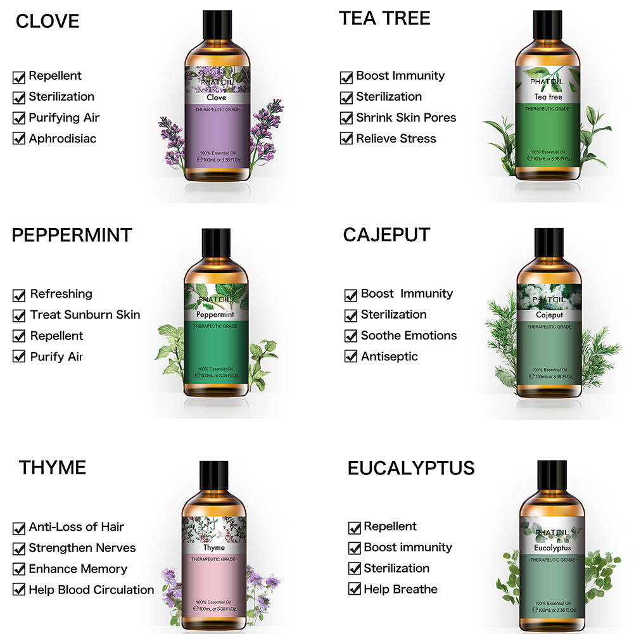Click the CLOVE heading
[48, 21]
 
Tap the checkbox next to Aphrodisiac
[19, 138]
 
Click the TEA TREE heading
[384, 18]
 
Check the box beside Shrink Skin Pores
[346, 118]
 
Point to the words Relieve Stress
[396, 138]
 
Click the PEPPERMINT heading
[72, 235]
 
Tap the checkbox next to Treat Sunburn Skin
[20, 315]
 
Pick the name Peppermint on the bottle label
[215, 314]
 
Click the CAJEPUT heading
[386, 234]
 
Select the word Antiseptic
[390, 356]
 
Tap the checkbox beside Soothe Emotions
[351, 336]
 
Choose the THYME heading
[52, 467]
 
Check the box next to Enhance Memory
[19, 569]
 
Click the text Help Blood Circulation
[91, 590]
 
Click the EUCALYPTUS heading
[410, 468]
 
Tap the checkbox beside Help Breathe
[355, 590]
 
